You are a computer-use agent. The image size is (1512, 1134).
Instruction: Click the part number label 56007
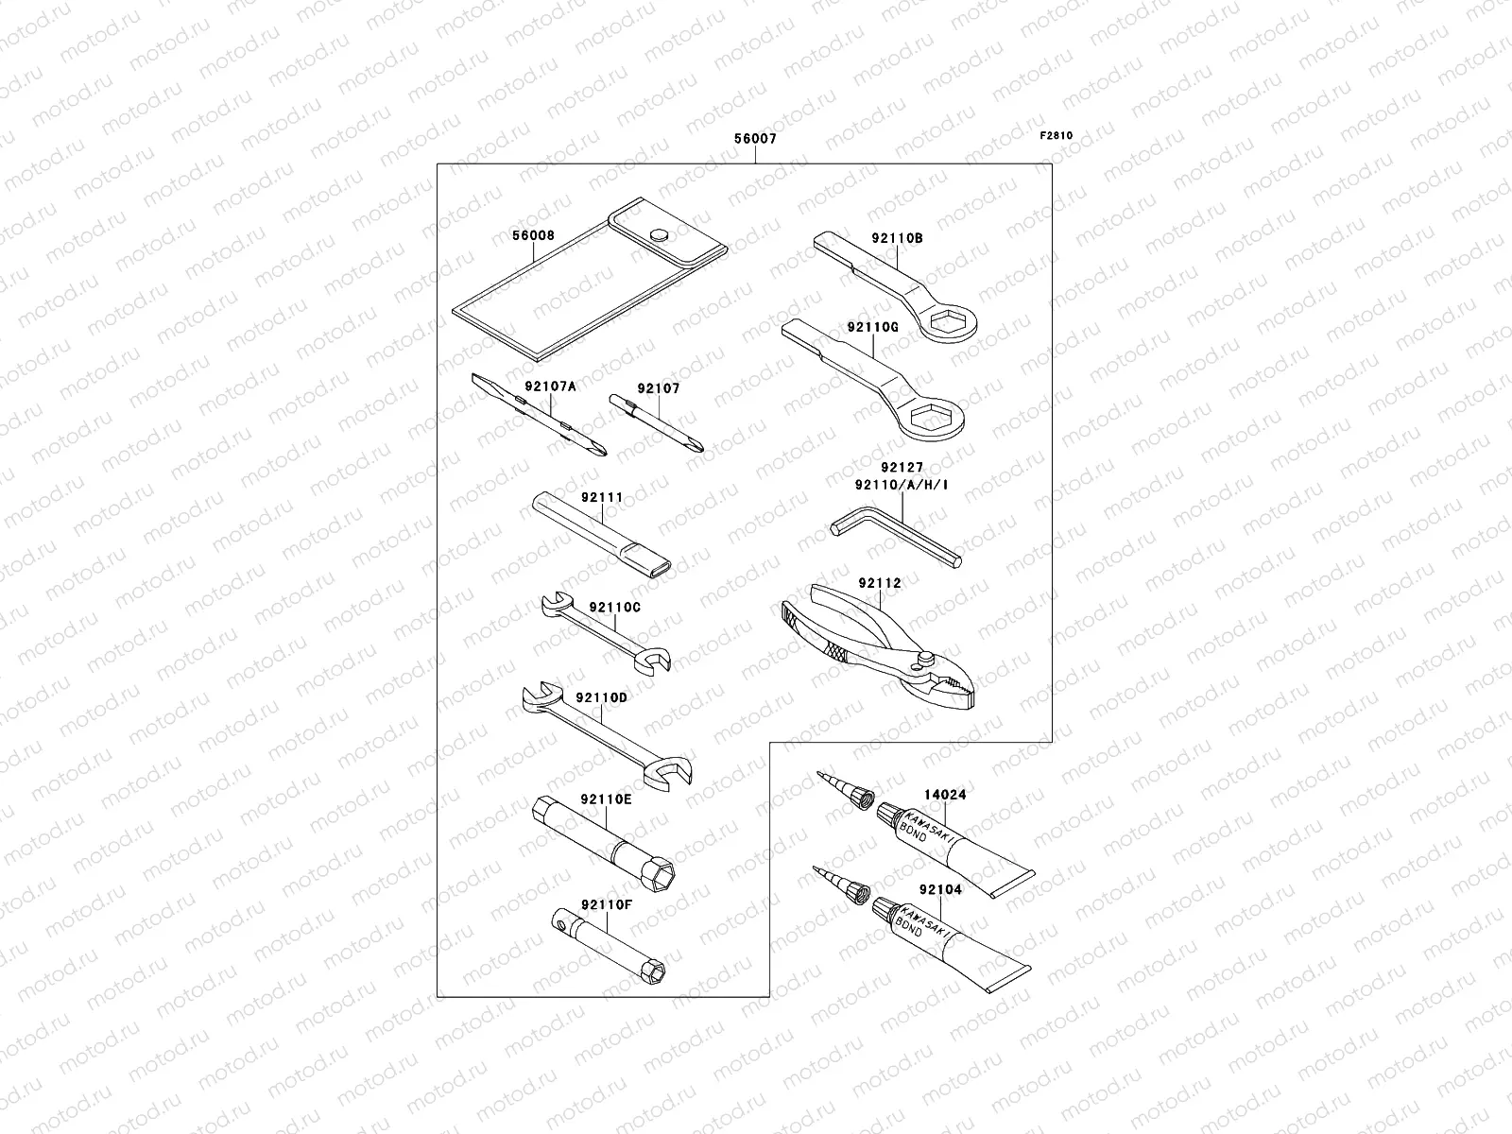755,139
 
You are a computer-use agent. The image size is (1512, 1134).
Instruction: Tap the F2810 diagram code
1057,135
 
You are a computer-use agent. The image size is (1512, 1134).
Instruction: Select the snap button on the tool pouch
660,233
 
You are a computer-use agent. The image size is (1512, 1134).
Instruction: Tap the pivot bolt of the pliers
926,658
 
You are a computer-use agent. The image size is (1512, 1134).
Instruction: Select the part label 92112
880,583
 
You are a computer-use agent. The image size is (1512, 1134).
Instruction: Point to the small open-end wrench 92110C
606,633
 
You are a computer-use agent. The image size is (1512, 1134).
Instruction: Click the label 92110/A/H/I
901,485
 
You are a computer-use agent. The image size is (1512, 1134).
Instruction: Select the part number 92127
902,467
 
